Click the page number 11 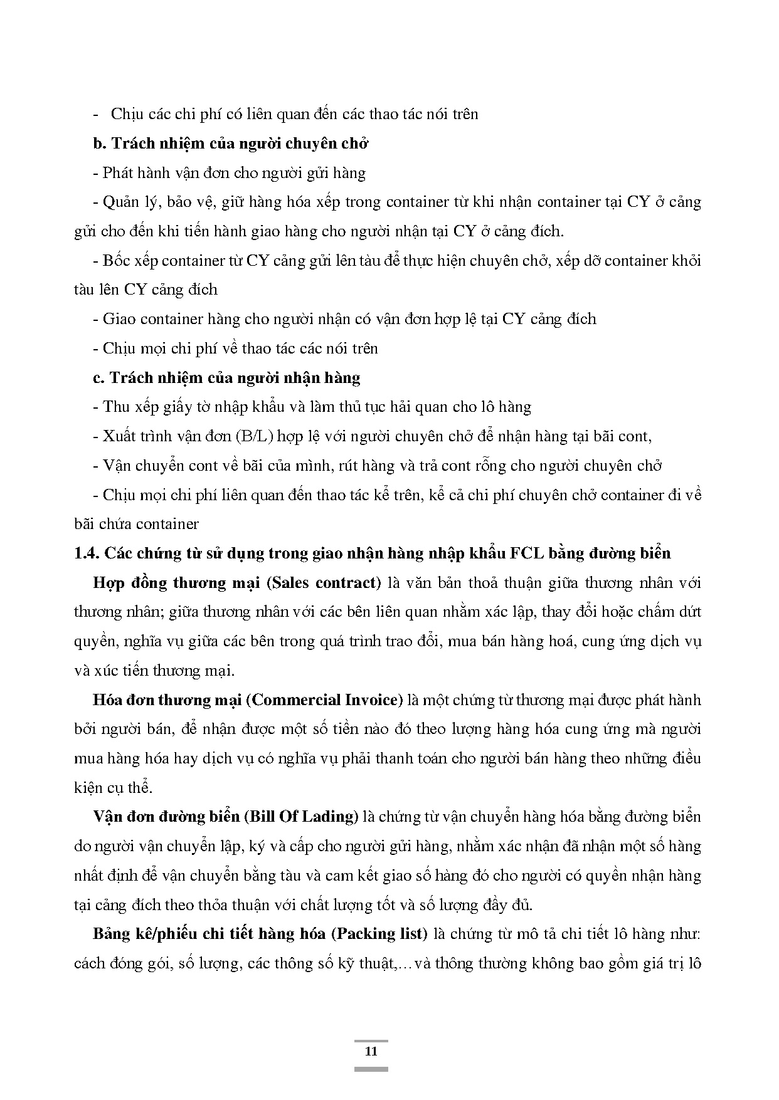(x=371, y=1051)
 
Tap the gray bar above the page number (x=371, y=1041)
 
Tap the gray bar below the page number (x=371, y=1069)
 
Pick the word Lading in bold (x=333, y=817)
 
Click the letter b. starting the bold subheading (x=99, y=144)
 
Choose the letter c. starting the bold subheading (x=98, y=378)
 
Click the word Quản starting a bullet (x=119, y=202)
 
